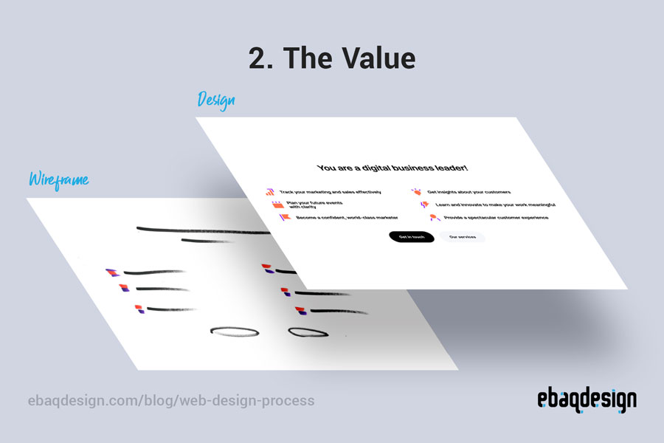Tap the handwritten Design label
point(216,100)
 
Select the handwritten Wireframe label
point(58,179)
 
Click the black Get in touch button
point(411,237)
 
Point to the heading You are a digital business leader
point(393,168)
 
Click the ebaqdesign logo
point(587,400)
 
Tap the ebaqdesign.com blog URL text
point(170,401)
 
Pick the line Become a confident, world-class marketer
point(347,218)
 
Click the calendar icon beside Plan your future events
point(277,205)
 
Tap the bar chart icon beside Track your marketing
point(270,191)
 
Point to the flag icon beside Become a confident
point(285,218)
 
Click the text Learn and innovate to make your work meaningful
point(495,205)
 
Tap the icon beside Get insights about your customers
point(417,192)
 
